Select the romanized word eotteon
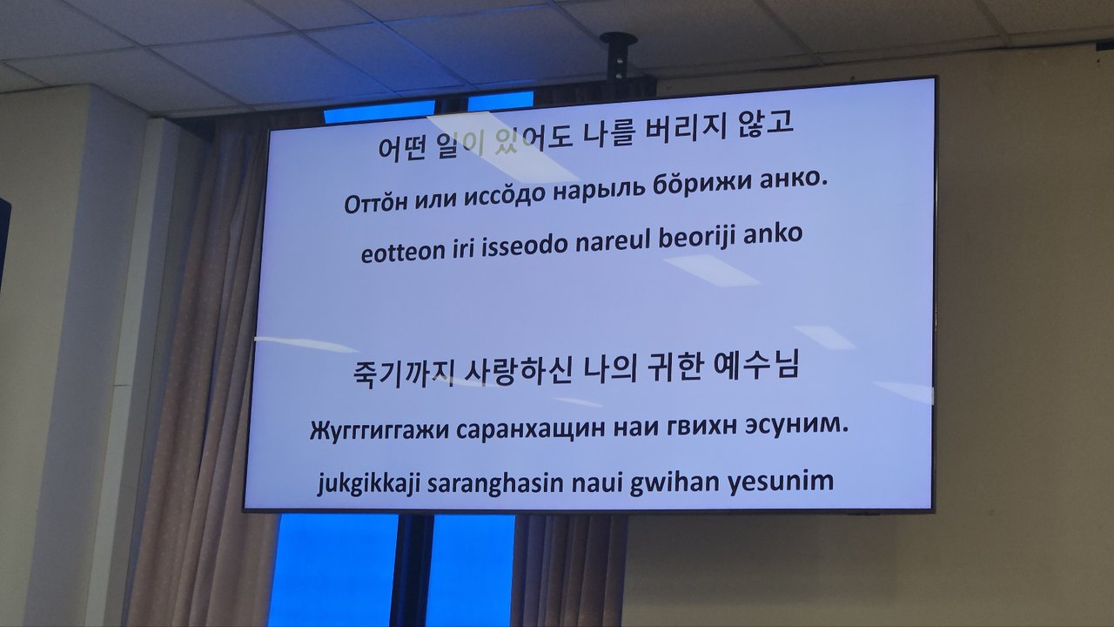point(403,252)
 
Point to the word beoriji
point(697,238)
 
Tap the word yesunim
point(782,482)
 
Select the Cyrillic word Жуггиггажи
point(379,430)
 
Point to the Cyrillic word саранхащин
point(530,429)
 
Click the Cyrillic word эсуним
point(796,426)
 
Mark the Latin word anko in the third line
point(773,234)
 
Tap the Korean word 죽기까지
point(403,374)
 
